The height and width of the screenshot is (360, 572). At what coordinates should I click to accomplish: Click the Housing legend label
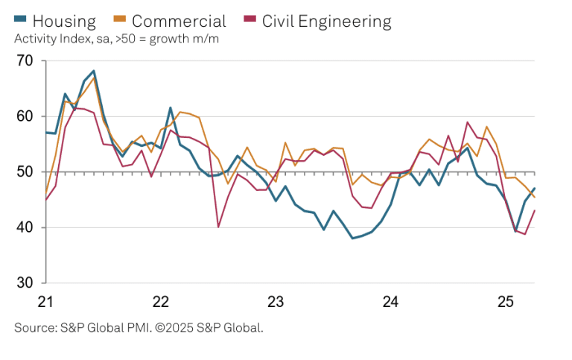[63, 21]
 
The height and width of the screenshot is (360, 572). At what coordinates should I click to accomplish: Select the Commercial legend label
[179, 21]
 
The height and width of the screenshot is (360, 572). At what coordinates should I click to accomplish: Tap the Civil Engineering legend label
[326, 21]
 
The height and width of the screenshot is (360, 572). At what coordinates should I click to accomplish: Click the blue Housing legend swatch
[21, 20]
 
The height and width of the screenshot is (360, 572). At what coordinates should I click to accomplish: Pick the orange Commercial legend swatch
[119, 20]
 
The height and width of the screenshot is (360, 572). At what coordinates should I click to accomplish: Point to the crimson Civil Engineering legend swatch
[250, 20]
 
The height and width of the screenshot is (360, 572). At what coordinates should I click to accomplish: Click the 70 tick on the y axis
[25, 60]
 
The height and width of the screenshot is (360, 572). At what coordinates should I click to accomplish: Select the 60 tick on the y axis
[25, 116]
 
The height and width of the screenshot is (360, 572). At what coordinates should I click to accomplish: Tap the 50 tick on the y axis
[25, 172]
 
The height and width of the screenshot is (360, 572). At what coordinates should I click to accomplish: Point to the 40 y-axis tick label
[25, 227]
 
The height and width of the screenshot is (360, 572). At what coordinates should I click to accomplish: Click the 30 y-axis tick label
[25, 283]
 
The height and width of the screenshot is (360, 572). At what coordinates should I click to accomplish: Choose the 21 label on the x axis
[46, 302]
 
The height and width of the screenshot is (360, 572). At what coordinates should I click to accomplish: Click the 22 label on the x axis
[161, 302]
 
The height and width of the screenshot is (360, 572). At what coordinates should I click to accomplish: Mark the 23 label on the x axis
[276, 302]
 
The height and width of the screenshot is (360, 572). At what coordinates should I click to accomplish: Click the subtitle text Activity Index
[52, 39]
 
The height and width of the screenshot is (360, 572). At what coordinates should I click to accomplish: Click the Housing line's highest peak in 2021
[93, 71]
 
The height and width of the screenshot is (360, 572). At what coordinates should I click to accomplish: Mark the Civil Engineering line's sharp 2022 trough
[218, 227]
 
